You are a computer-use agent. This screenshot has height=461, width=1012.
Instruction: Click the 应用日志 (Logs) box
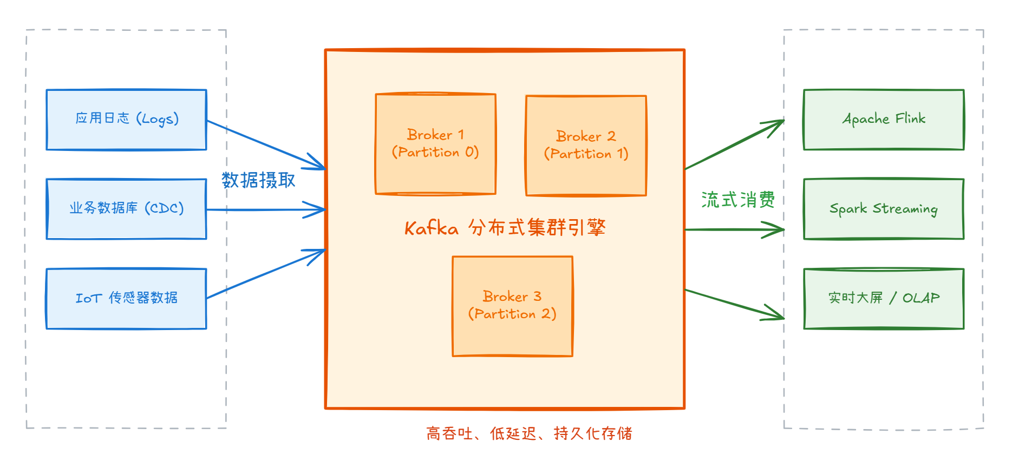(126, 120)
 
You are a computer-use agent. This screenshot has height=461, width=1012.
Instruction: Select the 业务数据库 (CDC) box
(126, 209)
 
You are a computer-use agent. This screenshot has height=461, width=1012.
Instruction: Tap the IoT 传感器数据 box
(126, 299)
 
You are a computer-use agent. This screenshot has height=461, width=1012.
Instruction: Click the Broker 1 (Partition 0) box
(435, 144)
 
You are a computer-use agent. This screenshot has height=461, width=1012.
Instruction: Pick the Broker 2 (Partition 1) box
(586, 146)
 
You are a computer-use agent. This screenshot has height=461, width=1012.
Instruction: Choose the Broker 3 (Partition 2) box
(512, 306)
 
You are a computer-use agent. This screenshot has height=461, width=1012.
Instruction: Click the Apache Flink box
(884, 120)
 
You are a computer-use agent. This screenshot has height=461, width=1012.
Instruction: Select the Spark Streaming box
(884, 209)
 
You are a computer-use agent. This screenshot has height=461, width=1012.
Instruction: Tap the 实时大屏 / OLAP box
(884, 299)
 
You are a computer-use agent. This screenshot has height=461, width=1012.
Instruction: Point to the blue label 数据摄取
(258, 180)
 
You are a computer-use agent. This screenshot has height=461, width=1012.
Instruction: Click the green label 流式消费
(738, 200)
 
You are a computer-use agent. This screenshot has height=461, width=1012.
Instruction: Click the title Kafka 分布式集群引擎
(505, 228)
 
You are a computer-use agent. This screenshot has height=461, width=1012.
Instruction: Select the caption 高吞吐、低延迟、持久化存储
(529, 433)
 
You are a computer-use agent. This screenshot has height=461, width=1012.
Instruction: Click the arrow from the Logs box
(265, 144)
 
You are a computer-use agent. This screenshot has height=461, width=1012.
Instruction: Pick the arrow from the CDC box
(265, 209)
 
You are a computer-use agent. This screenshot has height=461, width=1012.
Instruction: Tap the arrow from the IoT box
(265, 274)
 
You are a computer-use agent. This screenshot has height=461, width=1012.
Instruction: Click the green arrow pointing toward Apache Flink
(734, 145)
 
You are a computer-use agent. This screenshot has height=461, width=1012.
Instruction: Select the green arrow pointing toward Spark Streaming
(734, 229)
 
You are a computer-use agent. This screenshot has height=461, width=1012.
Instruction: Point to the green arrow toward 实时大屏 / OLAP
(734, 304)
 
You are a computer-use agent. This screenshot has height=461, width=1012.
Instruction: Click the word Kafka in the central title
(432, 228)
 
